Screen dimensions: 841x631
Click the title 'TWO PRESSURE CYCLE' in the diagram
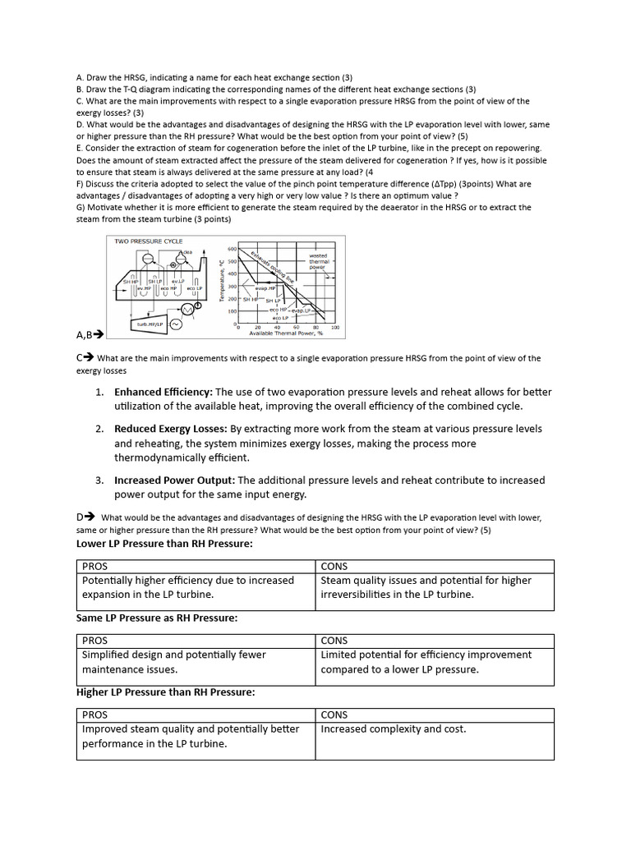pos(148,241)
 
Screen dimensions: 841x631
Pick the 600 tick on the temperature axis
pos(232,248)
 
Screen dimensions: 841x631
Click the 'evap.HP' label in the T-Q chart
pos(265,289)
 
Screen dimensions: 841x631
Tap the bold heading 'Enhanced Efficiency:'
pos(163,392)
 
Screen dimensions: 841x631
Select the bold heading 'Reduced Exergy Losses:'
pos(171,429)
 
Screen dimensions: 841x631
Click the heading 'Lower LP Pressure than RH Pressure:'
pos(164,544)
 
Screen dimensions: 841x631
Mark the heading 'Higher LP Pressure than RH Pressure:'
pos(165,692)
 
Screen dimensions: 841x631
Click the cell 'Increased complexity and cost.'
pos(393,728)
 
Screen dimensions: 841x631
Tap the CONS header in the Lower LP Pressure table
pos(334,566)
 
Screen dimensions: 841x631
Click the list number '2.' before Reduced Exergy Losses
pos(99,429)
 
